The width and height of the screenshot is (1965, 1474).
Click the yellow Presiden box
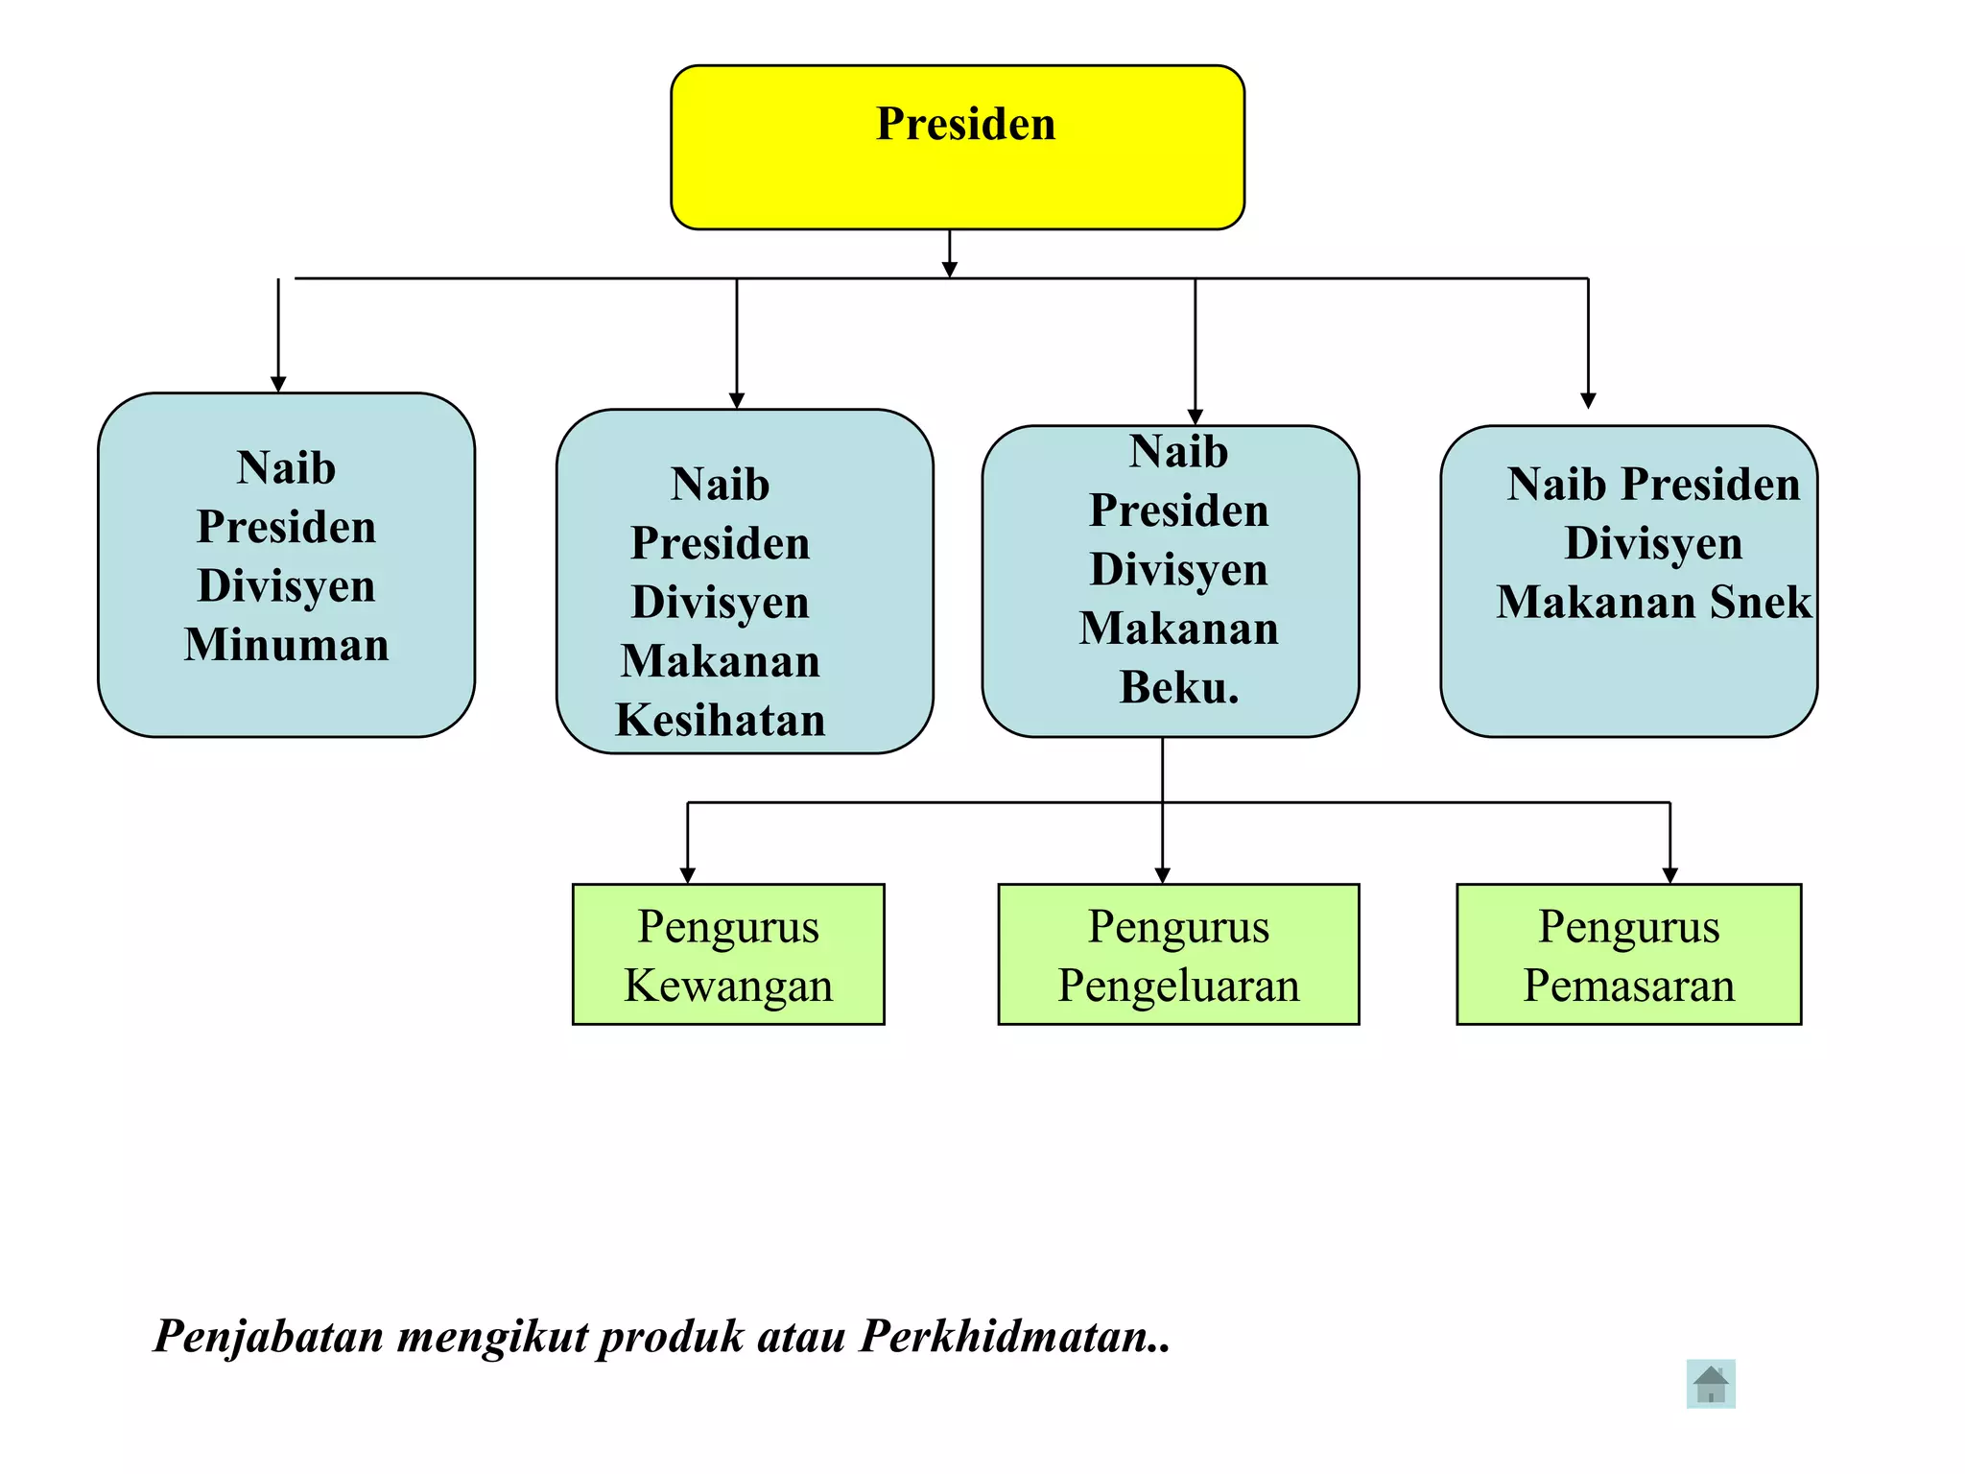[958, 147]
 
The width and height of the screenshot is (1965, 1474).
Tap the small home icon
[1711, 1384]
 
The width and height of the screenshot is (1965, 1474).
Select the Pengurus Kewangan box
[728, 955]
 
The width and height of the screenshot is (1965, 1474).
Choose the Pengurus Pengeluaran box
[1178, 955]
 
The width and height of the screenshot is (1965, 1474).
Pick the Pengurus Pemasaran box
[1628, 955]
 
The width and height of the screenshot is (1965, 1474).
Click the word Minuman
[286, 644]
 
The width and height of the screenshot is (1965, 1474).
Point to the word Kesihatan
[721, 720]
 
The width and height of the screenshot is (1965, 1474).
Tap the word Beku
[1178, 687]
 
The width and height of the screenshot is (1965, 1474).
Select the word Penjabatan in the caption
[269, 1336]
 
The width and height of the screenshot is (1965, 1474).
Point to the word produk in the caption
[671, 1336]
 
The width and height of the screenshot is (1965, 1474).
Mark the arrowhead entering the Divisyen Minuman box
[278, 384]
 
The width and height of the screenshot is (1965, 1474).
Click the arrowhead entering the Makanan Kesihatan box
[737, 400]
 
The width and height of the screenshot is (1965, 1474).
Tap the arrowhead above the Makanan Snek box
[1588, 400]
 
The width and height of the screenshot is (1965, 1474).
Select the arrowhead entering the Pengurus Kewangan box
[687, 875]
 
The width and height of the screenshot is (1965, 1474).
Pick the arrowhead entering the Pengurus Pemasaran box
[1669, 875]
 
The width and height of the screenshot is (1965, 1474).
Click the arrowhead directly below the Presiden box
[950, 270]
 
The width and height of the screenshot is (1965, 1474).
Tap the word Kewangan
[728, 986]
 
